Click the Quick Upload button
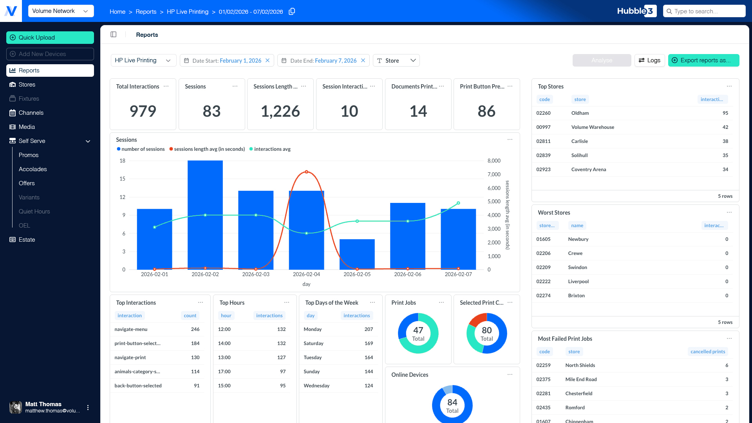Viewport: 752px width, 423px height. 50,38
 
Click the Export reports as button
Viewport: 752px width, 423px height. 703,60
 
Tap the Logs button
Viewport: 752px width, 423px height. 649,60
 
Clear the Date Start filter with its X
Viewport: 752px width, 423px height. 268,60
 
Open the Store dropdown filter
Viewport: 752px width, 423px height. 396,60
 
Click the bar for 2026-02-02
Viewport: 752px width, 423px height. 205,215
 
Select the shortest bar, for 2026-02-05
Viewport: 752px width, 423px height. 357,254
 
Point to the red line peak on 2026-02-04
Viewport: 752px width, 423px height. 306,172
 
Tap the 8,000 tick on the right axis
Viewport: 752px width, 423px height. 494,161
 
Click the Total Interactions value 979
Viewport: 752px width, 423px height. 143,111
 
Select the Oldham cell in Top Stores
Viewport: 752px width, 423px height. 580,113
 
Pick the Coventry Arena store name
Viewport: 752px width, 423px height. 589,170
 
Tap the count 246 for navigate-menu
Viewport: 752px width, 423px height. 195,329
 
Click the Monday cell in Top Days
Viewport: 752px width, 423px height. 313,329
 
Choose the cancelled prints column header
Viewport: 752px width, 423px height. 708,352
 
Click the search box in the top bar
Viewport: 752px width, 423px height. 704,11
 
